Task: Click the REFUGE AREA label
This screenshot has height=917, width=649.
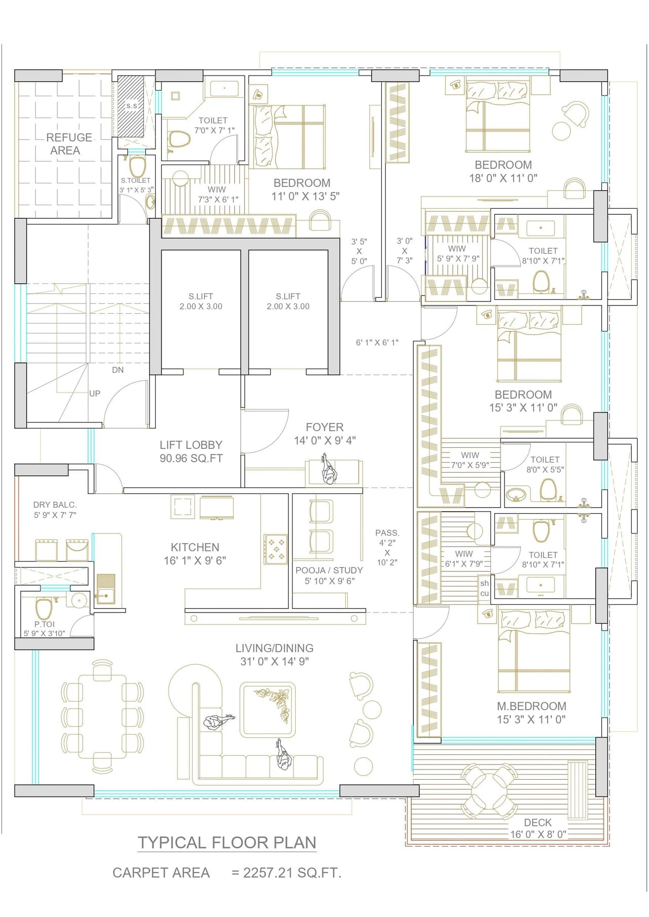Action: coord(68,144)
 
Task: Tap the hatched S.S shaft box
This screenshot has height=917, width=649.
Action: coord(131,106)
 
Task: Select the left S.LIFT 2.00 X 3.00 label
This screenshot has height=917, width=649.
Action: coord(201,301)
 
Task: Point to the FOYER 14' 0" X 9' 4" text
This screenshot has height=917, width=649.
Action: coord(324,434)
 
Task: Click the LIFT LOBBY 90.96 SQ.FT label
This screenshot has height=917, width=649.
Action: coord(191,451)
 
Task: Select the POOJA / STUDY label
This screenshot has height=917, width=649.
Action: coord(329,576)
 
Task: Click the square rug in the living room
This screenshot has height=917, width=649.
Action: coord(267,709)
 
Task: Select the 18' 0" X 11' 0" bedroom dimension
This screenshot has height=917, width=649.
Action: coord(503,178)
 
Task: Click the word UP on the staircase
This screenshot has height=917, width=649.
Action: coord(95,393)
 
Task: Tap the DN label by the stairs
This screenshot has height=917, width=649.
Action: coord(118,370)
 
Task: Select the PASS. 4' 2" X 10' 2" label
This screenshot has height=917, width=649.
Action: coord(387,547)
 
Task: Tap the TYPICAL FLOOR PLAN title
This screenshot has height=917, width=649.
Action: coord(227,842)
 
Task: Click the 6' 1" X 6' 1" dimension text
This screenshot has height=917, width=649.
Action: coord(377,342)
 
